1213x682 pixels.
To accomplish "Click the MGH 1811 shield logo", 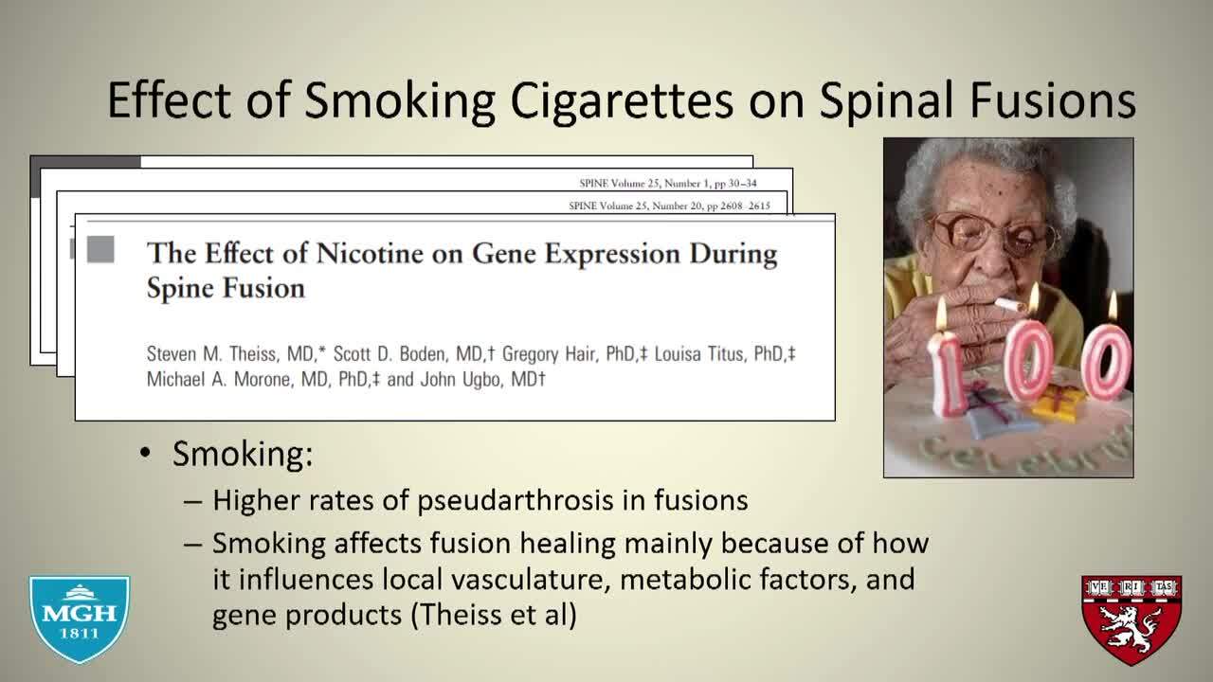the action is click(80, 619).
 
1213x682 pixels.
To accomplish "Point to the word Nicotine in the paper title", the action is click(370, 253).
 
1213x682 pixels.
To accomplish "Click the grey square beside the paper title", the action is click(100, 249).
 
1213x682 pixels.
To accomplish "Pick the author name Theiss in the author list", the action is click(253, 354).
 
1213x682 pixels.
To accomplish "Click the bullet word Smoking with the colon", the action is click(243, 454).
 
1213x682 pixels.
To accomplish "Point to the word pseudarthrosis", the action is click(516, 501).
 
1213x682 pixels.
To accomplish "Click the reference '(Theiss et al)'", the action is click(494, 615).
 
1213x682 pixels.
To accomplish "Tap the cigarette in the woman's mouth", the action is click(1010, 305).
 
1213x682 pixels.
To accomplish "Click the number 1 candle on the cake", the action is click(947, 373).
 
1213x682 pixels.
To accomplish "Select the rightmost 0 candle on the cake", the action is click(1107, 362).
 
